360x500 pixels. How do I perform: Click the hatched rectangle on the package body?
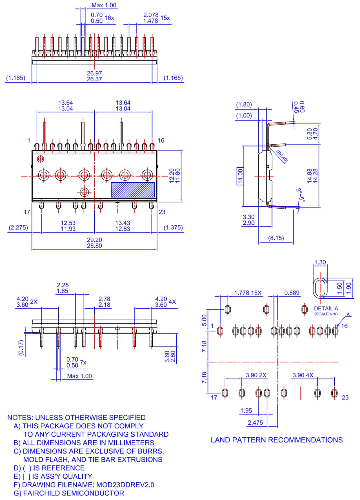point(133,190)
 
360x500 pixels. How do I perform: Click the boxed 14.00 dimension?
point(240,176)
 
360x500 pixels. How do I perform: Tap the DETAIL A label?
point(326,309)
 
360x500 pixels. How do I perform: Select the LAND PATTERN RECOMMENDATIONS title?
point(277,440)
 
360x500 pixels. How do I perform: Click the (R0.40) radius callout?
point(282,157)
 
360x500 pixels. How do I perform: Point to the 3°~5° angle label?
point(300,195)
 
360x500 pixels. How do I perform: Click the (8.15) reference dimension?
point(276,238)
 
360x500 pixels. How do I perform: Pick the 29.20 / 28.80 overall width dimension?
point(94,243)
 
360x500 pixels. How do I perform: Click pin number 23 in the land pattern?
point(345,397)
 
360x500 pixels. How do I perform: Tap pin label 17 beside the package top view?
point(27,212)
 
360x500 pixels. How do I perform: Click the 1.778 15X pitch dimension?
point(248,293)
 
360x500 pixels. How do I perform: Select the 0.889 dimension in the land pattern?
point(292,293)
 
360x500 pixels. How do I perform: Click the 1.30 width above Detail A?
point(320,262)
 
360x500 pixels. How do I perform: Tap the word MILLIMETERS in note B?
point(131,443)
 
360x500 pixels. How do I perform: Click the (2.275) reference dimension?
point(18,227)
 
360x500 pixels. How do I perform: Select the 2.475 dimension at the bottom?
point(255,423)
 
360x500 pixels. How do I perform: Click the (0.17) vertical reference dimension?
point(21,348)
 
